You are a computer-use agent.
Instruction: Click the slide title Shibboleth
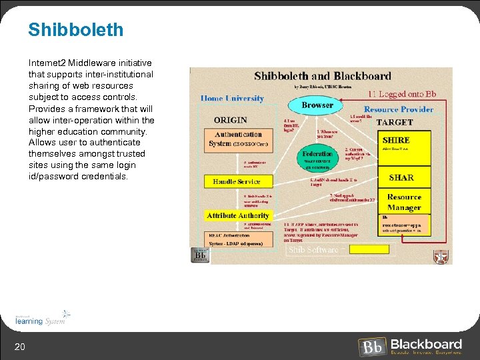[75, 30]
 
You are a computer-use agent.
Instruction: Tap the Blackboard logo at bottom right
[411, 346]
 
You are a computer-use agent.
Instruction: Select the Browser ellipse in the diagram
[317, 105]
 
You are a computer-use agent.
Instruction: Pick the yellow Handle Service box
[237, 181]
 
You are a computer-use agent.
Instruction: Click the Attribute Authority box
[238, 215]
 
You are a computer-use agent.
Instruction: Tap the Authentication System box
[239, 139]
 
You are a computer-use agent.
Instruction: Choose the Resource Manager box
[404, 202]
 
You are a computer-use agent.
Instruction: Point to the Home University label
[232, 98]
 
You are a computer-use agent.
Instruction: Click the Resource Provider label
[398, 109]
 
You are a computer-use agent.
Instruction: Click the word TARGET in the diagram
[394, 123]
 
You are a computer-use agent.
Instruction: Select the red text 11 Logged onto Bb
[402, 94]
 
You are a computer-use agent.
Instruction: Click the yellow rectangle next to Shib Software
[368, 250]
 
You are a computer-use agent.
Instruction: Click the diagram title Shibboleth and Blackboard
[323, 76]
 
